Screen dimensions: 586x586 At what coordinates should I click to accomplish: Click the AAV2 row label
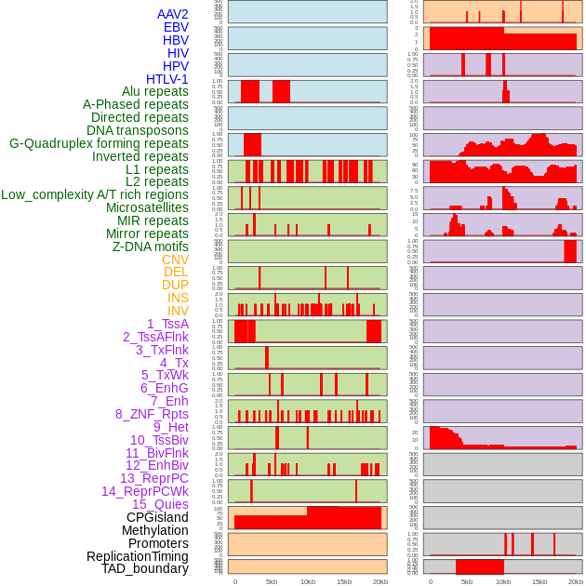[172, 14]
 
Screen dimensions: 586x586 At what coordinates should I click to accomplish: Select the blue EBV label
[176, 27]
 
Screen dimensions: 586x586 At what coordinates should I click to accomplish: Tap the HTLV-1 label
[166, 79]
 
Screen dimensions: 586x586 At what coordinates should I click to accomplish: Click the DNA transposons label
[138, 130]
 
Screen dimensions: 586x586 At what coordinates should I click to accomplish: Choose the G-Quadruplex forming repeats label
[99, 143]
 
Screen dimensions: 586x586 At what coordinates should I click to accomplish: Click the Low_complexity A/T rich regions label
[95, 194]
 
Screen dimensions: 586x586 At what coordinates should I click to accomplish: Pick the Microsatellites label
[147, 207]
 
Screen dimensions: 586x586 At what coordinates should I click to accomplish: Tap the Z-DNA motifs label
[151, 246]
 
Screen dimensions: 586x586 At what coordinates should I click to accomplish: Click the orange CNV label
[175, 260]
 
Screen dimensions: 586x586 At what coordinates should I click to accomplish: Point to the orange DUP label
[175, 285]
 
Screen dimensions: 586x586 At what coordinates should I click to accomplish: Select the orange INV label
[178, 311]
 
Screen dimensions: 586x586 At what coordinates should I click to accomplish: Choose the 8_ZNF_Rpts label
[152, 414]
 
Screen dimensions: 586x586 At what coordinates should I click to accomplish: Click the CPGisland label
[157, 517]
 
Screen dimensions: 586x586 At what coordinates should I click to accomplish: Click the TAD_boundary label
[145, 568]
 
